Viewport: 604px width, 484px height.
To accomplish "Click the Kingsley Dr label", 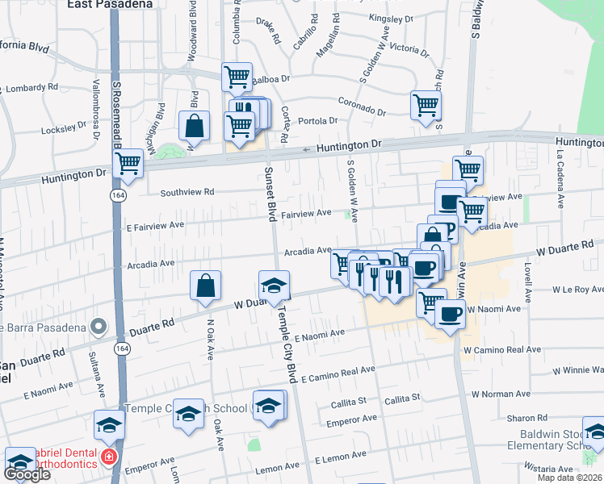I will (390, 17).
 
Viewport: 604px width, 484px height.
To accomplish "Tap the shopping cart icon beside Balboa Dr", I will (237, 77).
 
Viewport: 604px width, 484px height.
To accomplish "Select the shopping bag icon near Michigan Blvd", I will (195, 126).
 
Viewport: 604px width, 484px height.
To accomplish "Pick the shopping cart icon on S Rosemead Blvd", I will (128, 164).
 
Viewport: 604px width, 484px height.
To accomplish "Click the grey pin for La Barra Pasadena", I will (99, 327).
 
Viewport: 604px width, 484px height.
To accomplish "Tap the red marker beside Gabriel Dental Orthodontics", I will (109, 457).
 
